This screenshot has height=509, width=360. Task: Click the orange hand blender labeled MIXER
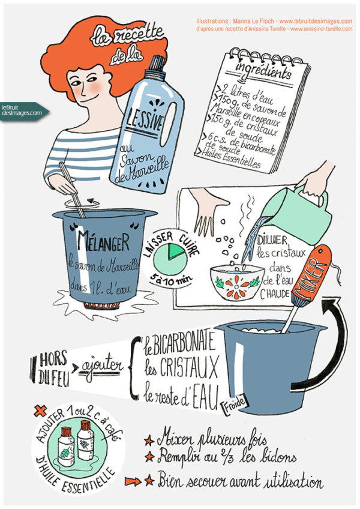(x=314, y=273)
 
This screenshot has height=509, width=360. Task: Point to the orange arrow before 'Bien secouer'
(x=133, y=481)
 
